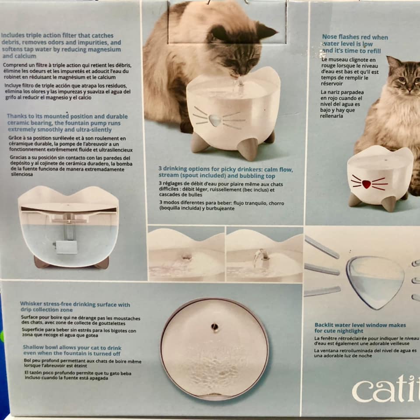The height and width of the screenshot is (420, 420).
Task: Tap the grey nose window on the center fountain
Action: [x=215, y=120]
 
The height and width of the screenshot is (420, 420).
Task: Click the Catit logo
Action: [x=386, y=388]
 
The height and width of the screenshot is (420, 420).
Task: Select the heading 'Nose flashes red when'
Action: [x=355, y=37]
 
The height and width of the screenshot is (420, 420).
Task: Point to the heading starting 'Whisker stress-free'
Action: [x=75, y=307]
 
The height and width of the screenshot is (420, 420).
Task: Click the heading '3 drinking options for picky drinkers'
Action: [x=226, y=172]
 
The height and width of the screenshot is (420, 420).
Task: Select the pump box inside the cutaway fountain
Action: [x=66, y=247]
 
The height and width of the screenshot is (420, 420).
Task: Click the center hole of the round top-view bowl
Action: [x=214, y=327]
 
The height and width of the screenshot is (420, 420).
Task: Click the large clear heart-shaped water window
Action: [x=375, y=282]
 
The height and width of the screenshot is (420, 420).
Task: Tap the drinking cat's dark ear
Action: [x=266, y=31]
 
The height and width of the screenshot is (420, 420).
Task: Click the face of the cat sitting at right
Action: [x=408, y=78]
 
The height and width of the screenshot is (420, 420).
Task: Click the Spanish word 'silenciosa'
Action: [x=22, y=175]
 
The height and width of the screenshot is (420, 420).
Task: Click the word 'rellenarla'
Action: [x=331, y=116]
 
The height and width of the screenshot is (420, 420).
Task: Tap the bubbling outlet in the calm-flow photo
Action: [x=187, y=257]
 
